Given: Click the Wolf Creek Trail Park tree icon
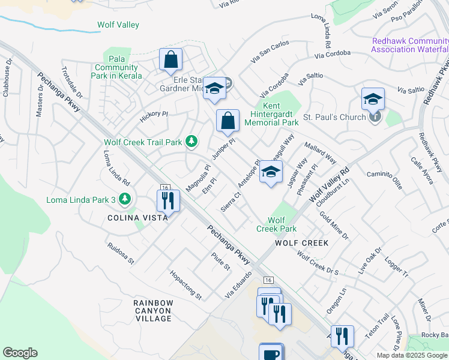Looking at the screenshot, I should pos(191,142).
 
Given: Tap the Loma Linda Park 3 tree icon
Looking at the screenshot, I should pos(124,199).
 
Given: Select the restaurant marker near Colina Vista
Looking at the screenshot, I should pos(168,200).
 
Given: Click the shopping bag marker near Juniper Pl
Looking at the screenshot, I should pos(228,121).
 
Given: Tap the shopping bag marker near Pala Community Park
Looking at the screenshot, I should pos(170,59).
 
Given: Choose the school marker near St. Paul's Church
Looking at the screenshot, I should pos(373,98).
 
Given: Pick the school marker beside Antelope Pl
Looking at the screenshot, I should pos(271,172).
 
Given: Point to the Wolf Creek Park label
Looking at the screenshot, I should pos(277,224).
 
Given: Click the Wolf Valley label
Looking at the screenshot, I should pos(118,25).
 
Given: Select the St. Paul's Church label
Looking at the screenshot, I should pos(334,117).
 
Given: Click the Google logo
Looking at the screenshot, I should pos(20,353).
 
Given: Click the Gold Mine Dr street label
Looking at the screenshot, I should pos(334,226).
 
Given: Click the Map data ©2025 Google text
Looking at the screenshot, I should pos(411,355).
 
